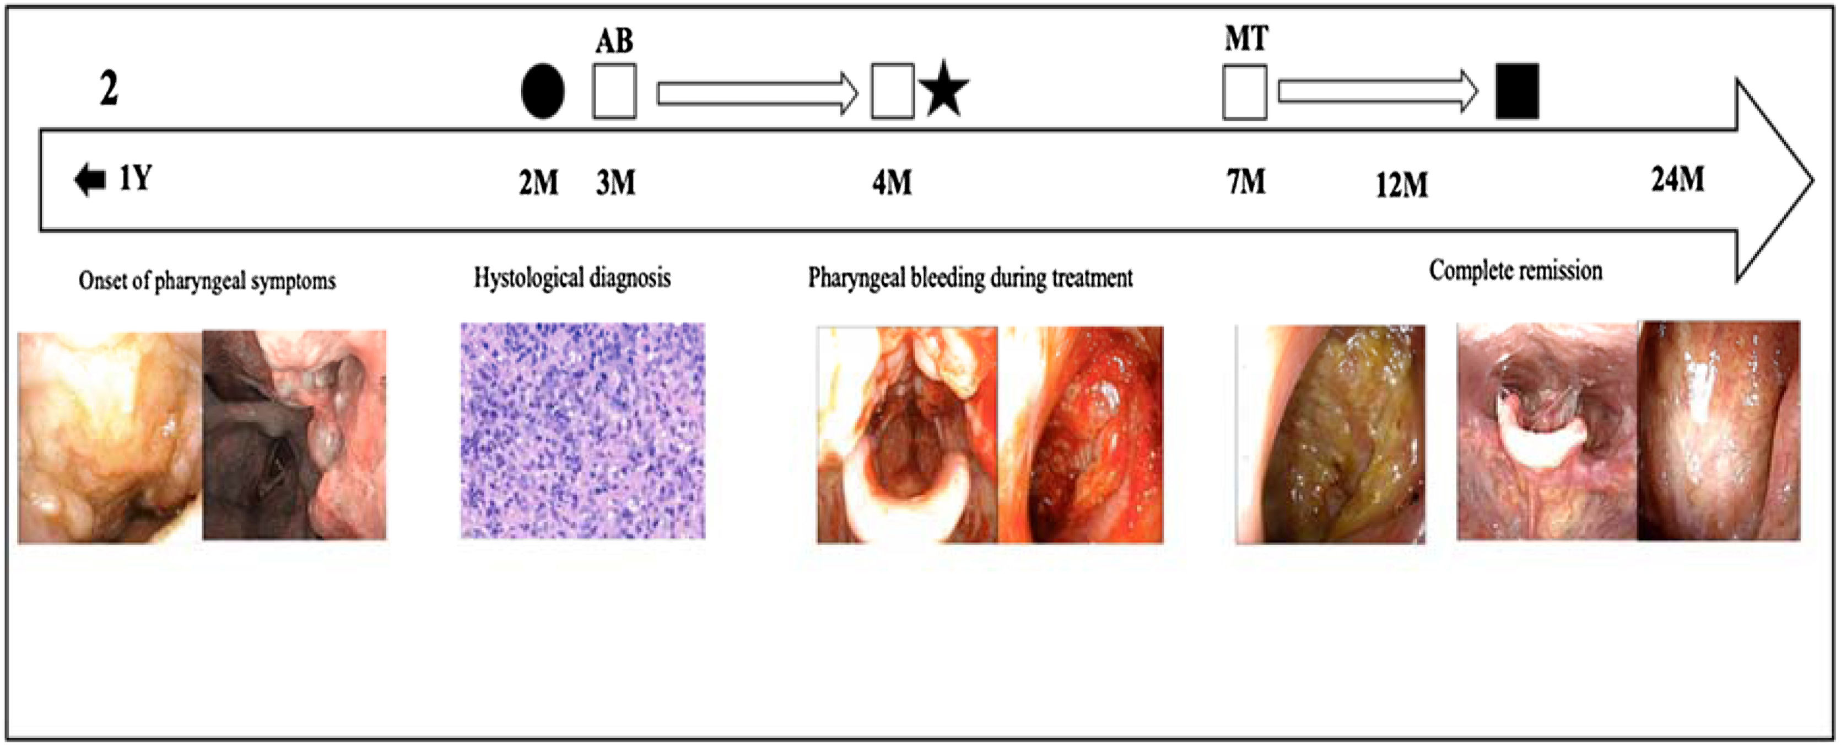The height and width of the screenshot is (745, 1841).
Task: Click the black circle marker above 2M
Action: click(542, 91)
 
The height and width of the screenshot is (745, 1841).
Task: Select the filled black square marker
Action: click(1516, 91)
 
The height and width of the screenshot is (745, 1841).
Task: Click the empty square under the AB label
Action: click(614, 91)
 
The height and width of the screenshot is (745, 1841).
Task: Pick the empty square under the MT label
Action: click(1244, 92)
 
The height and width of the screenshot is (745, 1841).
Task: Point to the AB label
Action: click(614, 41)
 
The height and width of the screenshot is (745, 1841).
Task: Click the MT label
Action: click(1246, 39)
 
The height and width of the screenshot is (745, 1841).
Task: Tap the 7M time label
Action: click(1246, 181)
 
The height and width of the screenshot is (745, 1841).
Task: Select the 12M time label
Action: click(1401, 185)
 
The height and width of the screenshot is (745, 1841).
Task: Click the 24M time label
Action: click(1677, 179)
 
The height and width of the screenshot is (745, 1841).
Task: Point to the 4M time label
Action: click(891, 183)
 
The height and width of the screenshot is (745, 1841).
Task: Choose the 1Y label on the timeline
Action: click(135, 178)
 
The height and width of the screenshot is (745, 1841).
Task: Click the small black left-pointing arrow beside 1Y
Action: click(90, 179)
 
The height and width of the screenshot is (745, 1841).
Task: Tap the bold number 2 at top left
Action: click(109, 89)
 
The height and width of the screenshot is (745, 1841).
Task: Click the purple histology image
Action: click(582, 431)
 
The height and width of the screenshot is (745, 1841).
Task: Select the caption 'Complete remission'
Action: click(1515, 271)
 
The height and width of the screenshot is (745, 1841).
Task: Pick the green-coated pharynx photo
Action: click(1330, 434)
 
